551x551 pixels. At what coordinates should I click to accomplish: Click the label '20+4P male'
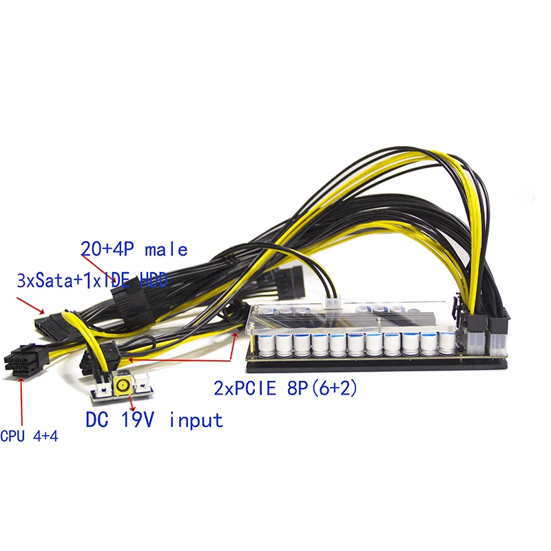coord(134,249)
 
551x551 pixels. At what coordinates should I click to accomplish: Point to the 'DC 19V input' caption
coord(154,419)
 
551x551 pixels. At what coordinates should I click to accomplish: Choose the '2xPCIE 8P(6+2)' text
coord(285,388)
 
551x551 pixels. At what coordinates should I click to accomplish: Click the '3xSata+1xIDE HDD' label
coord(94,280)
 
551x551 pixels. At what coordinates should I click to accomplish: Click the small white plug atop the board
coord(335,304)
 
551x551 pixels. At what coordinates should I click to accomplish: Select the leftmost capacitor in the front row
coord(265,345)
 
